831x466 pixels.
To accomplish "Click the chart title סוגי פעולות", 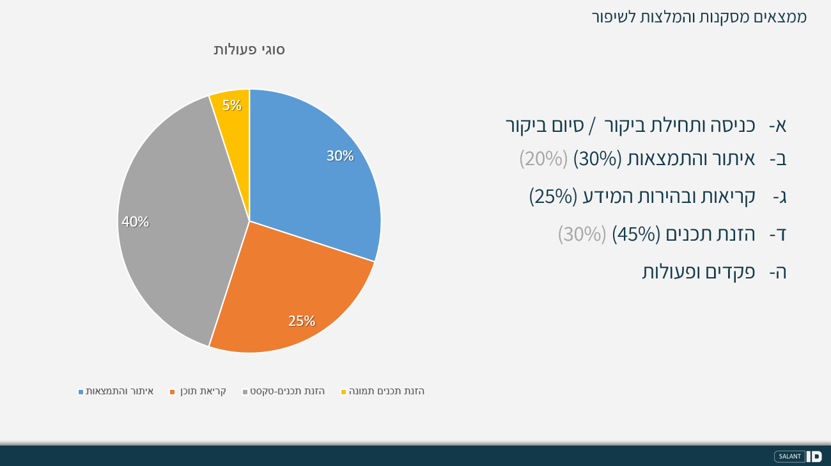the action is click(249, 50).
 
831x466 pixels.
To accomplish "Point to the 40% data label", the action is click(135, 222).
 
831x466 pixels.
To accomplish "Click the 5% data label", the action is click(232, 106).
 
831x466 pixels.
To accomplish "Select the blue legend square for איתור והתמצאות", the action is click(81, 392).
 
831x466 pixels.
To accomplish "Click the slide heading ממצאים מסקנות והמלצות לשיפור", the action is click(699, 17).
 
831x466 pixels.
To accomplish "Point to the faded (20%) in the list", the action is click(543, 159).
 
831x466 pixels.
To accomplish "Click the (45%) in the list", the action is click(636, 234).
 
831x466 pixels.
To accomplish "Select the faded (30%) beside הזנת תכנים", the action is click(582, 234).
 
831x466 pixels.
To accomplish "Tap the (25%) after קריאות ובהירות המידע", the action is click(553, 197).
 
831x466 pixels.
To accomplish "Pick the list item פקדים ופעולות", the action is click(699, 272).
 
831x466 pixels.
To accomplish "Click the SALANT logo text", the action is click(790, 456).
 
